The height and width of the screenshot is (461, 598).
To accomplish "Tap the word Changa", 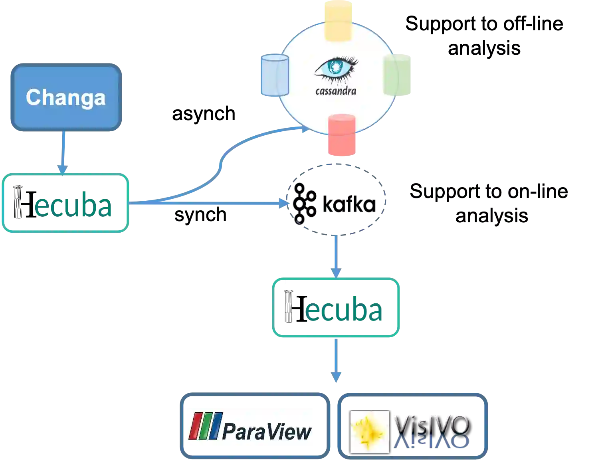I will pos(66,97).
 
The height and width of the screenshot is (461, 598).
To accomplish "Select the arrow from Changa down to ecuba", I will pos(63,152).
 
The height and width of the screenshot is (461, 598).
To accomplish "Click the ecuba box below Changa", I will pos(66,203).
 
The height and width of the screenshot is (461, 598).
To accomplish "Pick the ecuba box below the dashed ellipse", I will pos(336,307).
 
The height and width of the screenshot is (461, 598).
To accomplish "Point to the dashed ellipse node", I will pos(336,198).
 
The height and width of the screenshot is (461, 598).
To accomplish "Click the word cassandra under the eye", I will pos(336,91).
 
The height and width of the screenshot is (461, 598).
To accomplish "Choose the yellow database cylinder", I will pos(339,20).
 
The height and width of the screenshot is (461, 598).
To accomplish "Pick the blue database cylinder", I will pos(274,75).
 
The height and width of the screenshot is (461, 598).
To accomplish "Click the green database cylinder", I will pos(398,75).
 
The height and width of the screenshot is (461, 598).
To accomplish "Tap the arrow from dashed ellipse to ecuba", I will pos(336,255).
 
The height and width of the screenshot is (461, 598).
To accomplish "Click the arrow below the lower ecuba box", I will pos(336,359).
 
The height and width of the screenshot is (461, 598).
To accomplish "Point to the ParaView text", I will pos(267,431).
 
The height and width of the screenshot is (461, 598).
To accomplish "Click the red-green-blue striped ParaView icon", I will pos(205,426).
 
